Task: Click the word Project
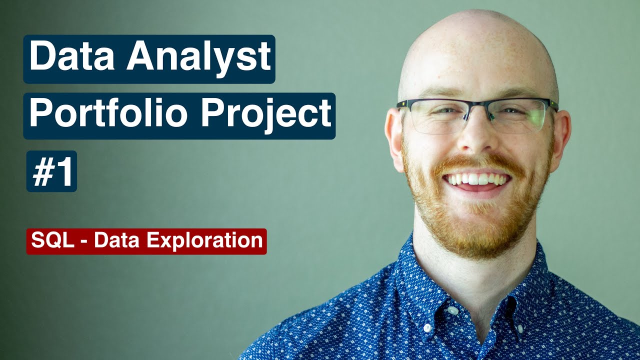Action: [266, 114]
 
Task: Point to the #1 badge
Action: [51, 171]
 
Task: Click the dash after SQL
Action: [83, 241]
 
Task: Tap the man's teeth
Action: [477, 179]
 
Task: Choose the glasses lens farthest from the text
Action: [518, 116]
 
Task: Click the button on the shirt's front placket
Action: [427, 328]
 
